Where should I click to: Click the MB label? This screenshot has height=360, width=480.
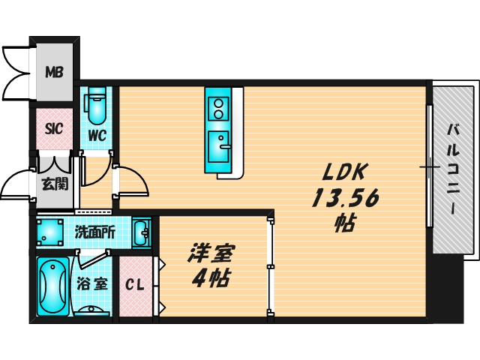point(55,72)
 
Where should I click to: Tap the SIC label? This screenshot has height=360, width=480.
point(54,128)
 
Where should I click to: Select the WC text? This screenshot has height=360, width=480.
point(97,135)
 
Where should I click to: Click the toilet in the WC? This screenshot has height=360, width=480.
point(97,106)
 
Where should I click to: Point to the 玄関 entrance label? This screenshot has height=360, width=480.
point(55,184)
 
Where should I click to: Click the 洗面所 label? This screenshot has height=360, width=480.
point(95,233)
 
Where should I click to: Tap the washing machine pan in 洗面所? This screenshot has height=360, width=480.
point(50,232)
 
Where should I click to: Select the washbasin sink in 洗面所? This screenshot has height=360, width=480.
point(142,232)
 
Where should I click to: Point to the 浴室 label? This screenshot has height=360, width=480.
point(92,283)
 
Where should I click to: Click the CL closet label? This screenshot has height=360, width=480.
point(135,285)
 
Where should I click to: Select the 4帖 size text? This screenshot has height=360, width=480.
point(211,278)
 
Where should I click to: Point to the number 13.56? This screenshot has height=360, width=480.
point(346,197)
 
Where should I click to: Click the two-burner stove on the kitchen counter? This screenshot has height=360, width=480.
point(218,109)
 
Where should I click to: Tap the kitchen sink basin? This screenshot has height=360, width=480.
point(218,147)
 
